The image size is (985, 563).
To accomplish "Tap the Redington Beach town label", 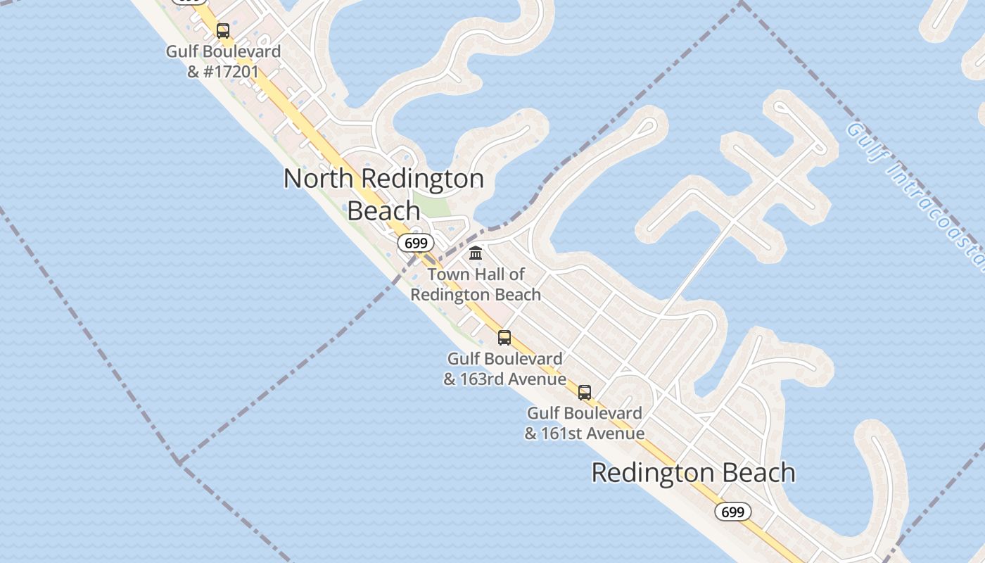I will coord(693,472).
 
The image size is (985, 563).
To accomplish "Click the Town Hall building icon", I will coord(476,253).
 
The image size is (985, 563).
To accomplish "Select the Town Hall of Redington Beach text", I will coord(476,284).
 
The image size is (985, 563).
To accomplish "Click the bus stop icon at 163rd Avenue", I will coord(504,338).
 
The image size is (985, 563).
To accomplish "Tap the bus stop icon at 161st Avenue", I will coord(585,393).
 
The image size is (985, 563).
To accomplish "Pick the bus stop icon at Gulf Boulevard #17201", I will coord(223,31).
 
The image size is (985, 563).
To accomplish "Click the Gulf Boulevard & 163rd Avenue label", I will coord(504,369).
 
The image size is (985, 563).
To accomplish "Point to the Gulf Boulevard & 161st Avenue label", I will coord(585,423).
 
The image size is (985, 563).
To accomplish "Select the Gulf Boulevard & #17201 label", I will coord(223,61).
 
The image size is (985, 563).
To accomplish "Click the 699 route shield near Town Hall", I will coord(415,243).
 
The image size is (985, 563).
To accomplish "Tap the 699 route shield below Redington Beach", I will coord(732,512).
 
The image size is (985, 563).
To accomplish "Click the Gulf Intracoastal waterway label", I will coord(915,197).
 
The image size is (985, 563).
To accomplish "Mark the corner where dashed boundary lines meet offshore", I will coord(179,462).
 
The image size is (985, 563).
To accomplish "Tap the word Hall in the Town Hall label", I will coord(486,274).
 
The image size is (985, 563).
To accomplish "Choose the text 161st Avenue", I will coord(592,434).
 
